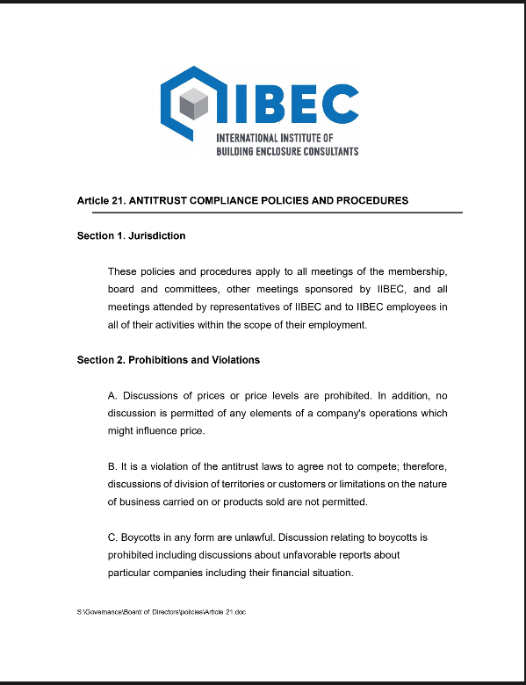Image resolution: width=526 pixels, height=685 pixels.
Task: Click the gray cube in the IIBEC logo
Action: click(x=193, y=105)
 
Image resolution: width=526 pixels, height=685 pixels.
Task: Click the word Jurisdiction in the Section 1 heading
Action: click(x=156, y=236)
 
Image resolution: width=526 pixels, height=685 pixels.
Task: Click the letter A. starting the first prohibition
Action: click(x=112, y=395)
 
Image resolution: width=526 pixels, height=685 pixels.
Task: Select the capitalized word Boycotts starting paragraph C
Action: click(x=142, y=537)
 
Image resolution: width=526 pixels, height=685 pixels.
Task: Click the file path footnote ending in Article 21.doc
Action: click(x=161, y=610)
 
